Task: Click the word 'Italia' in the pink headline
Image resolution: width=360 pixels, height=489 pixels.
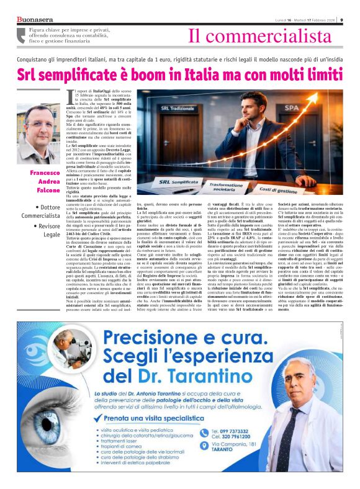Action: tap(215, 75)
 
